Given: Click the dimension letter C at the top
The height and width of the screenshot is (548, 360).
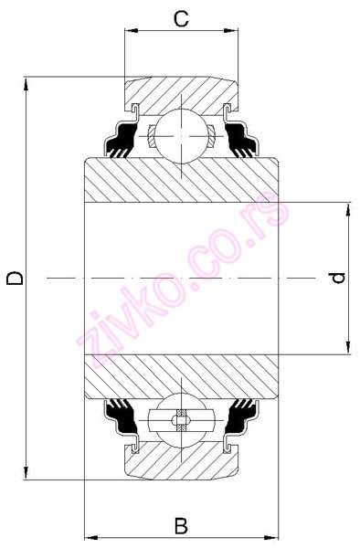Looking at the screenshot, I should (182, 17).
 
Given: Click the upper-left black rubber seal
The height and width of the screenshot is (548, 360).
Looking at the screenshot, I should (120, 142).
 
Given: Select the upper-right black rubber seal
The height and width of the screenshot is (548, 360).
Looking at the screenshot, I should (242, 142).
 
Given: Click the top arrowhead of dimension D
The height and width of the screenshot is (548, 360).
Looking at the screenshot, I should (28, 82).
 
